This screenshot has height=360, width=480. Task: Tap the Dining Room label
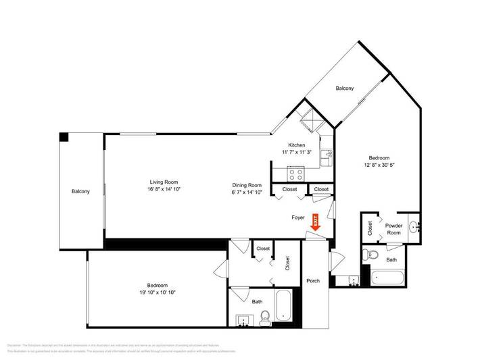click(x=247, y=184)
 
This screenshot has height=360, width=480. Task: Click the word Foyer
click(x=298, y=217)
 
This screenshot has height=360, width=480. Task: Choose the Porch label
click(x=313, y=280)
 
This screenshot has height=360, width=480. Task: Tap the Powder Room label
click(x=393, y=228)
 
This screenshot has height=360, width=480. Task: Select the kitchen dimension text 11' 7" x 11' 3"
click(x=297, y=153)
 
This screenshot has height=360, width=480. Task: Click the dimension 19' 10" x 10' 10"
click(x=157, y=292)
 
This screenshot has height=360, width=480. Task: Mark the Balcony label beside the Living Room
click(x=81, y=192)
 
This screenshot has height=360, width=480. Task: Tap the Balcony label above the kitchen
click(x=345, y=88)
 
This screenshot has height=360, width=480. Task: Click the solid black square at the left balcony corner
click(x=64, y=136)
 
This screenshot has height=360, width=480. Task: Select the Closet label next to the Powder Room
click(x=370, y=228)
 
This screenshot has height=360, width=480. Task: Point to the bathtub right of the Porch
click(x=388, y=277)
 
